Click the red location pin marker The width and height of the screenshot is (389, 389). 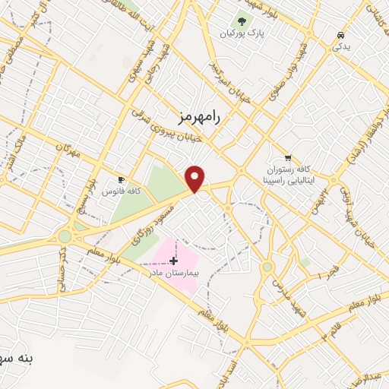pos(195,178)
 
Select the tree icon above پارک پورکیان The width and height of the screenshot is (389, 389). pos(242,21)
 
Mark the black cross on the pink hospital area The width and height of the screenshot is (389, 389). pos(174,260)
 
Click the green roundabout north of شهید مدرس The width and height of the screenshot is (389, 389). pos(267,267)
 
